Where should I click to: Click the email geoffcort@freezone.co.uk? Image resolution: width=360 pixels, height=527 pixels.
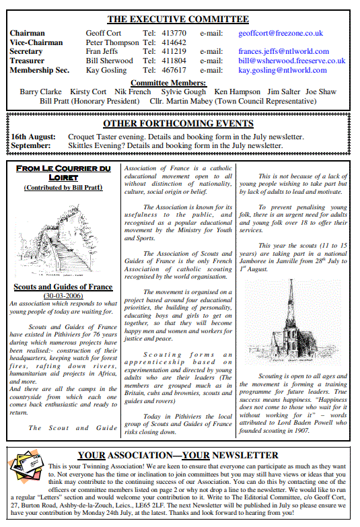tap(281, 32)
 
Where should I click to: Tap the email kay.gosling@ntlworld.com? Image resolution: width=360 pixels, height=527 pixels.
tap(283, 70)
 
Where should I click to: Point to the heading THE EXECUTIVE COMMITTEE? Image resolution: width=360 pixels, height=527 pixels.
tap(178, 19)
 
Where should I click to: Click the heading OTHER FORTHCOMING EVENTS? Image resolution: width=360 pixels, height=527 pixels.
tap(178, 124)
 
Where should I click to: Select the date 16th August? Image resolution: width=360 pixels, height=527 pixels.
tap(32, 137)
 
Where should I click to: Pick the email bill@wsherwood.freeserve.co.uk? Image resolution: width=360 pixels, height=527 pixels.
tap(291, 61)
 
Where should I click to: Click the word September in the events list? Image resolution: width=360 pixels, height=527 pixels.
tap(30, 145)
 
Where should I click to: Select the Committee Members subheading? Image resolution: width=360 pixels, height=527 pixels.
tap(178, 83)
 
